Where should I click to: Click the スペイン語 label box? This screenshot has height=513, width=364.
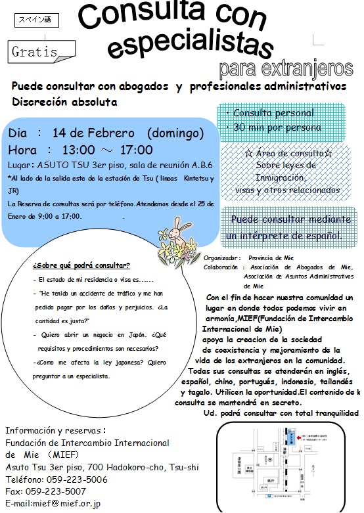pos(36,20)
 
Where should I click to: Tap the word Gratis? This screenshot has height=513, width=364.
pos(35,51)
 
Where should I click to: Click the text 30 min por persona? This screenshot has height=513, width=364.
pos(277,127)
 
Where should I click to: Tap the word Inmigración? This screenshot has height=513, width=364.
pos(280,177)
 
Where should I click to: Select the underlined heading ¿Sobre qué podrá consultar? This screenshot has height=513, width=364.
pos(81,265)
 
